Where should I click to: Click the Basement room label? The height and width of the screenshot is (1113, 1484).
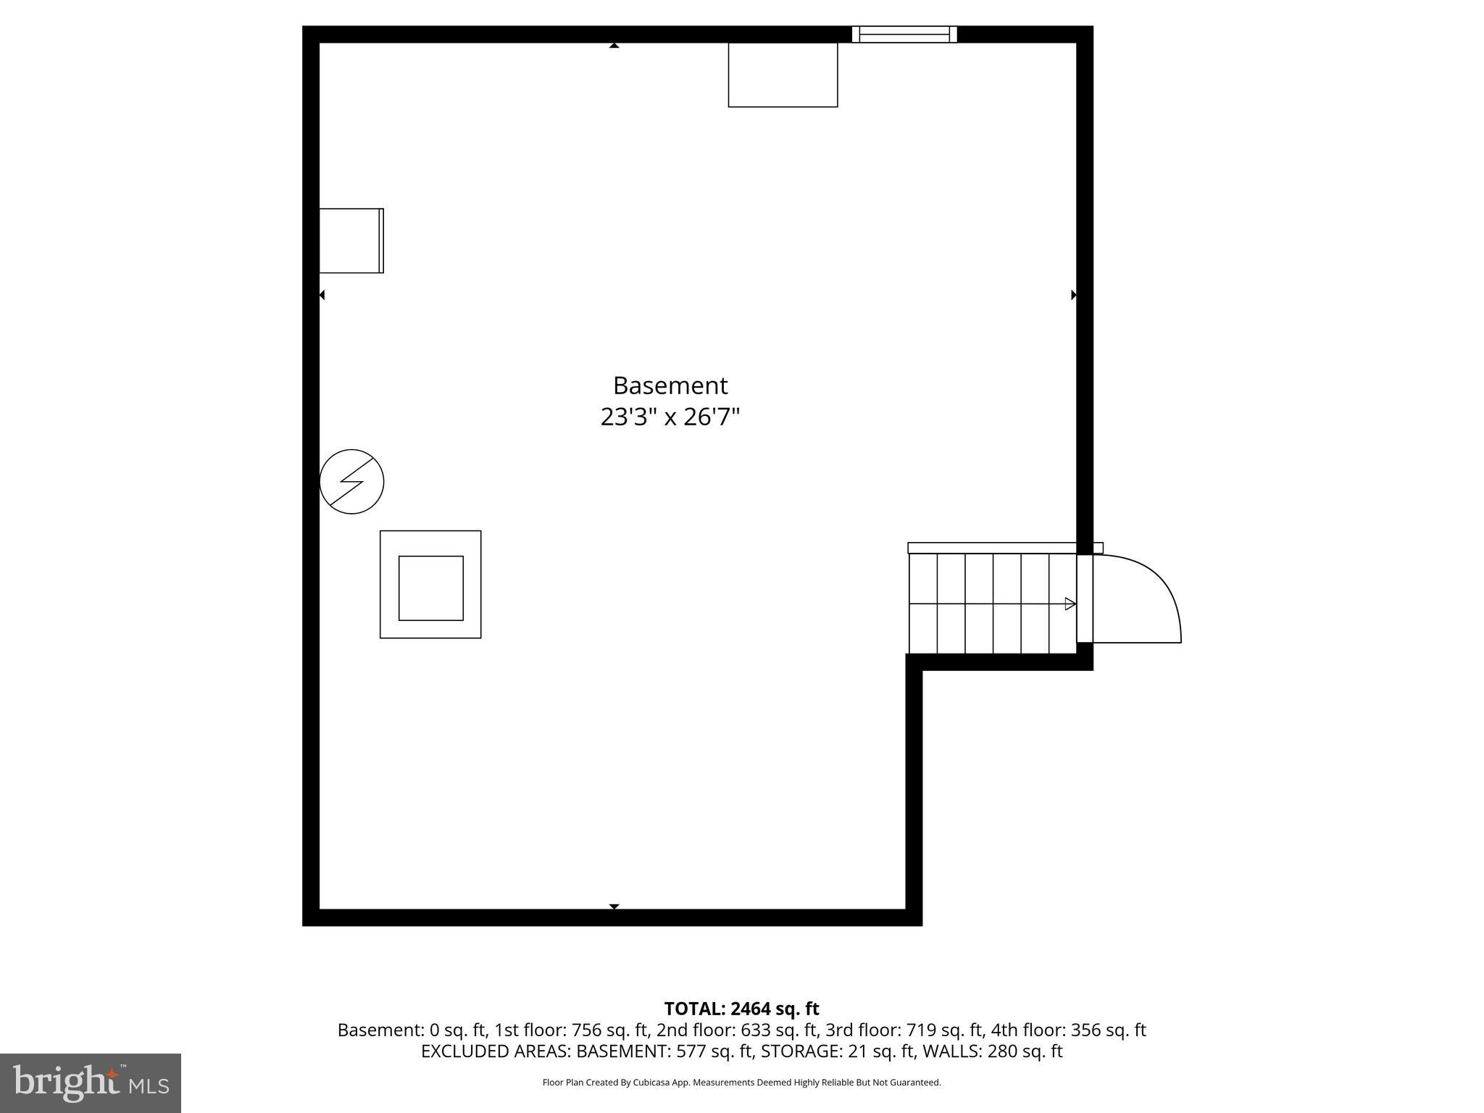(x=670, y=385)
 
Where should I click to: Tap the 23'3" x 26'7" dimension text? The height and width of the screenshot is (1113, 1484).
(x=670, y=417)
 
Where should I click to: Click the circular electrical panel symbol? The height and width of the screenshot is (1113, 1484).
(x=351, y=482)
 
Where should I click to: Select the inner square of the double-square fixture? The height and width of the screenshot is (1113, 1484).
(x=430, y=588)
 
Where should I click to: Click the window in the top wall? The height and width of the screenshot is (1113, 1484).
(x=904, y=34)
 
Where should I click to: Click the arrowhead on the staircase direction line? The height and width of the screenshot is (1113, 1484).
(x=1070, y=604)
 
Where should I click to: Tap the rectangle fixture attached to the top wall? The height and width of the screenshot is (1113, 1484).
(x=783, y=75)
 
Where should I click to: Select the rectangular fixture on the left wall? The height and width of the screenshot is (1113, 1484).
(x=351, y=241)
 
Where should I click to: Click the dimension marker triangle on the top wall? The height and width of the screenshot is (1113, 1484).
(x=614, y=46)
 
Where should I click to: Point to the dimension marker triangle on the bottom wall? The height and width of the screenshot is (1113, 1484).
(x=614, y=906)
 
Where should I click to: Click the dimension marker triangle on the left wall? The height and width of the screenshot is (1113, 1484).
(x=322, y=295)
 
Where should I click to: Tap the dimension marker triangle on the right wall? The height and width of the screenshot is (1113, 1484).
(x=1073, y=295)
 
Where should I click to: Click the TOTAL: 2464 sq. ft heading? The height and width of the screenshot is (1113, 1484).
(x=741, y=1009)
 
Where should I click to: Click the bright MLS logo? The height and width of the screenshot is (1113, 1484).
(x=91, y=1083)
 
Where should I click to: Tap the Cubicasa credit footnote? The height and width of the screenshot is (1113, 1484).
(x=741, y=1083)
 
